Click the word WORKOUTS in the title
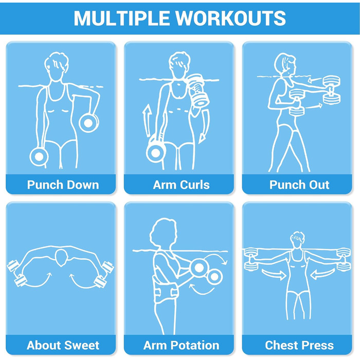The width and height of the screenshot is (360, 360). point(230,18)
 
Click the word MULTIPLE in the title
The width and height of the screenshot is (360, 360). point(122,18)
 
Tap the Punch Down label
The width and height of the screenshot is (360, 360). point(63,185)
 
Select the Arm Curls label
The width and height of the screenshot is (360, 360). point(181,185)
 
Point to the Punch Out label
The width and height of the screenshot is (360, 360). point(299,185)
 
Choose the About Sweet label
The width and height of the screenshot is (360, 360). point(63,345)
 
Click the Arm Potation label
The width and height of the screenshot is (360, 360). point(181,345)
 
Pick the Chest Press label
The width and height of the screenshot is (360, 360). point(299,345)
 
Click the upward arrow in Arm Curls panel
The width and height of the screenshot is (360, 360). point(147,120)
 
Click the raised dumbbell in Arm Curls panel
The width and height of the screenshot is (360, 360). point(198,90)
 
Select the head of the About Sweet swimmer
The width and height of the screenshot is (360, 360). point(61,257)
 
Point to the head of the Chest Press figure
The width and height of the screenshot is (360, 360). point(297,240)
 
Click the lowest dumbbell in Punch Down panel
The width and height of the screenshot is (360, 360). point(39,156)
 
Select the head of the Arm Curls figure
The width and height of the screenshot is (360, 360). point(180,65)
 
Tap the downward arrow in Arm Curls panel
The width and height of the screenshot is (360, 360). point(204,127)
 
